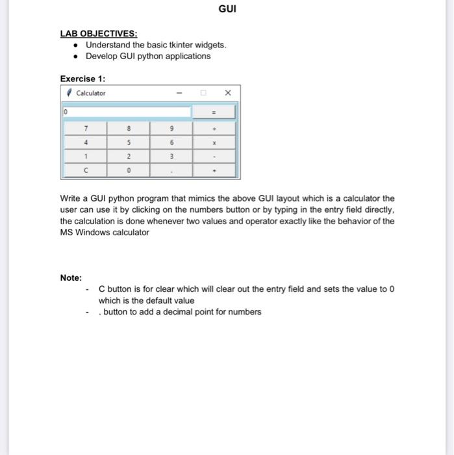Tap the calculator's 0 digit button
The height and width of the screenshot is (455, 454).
[x=129, y=171]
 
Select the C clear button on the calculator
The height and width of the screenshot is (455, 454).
[x=86, y=171]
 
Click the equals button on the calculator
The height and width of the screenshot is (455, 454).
[x=214, y=112]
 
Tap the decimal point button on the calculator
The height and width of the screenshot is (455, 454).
[x=171, y=171]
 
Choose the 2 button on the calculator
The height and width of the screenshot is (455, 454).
[x=129, y=157]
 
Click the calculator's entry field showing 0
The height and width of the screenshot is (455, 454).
[x=127, y=112]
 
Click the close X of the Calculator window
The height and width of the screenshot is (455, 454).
[x=227, y=93]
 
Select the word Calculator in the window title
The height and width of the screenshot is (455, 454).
[x=90, y=93]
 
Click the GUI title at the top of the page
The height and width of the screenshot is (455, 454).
[x=227, y=10]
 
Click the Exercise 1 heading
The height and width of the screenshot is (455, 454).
[x=82, y=79]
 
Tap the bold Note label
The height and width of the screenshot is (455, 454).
[x=71, y=278]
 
